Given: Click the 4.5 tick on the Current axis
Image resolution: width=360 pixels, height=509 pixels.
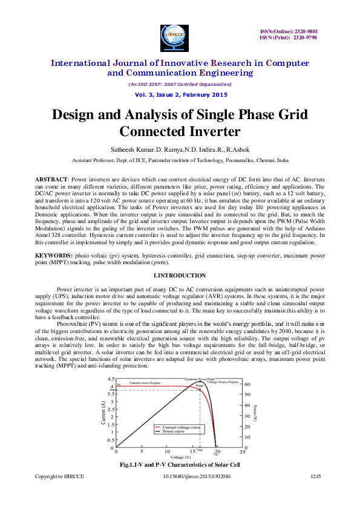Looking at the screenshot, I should point(110,379).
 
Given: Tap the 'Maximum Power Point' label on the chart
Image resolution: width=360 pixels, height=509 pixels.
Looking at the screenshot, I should point(199,379).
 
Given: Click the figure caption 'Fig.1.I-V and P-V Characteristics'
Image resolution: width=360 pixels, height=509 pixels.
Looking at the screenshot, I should point(180,465).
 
